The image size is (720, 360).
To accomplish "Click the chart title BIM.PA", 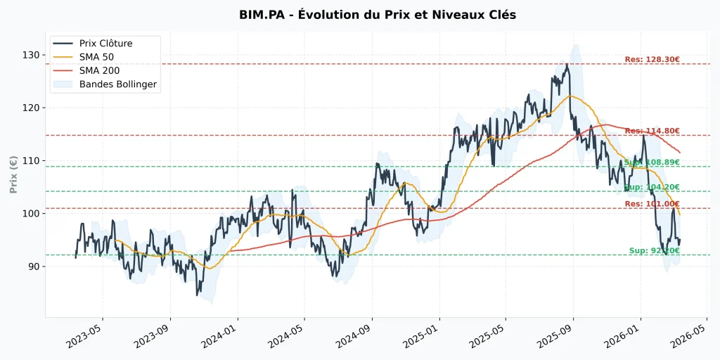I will (x=378, y=15).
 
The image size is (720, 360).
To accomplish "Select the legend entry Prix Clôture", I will (x=105, y=44).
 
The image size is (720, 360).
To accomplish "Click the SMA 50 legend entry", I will (x=96, y=57).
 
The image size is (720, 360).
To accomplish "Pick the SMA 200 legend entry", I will (x=99, y=71).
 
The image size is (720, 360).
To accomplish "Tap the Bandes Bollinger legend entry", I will (x=117, y=84).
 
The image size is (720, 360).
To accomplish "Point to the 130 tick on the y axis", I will (x=31, y=55).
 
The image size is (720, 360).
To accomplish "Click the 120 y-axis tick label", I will (x=31, y=108).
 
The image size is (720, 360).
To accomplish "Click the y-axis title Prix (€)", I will (x=13, y=174).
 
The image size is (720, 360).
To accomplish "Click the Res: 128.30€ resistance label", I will (x=652, y=60).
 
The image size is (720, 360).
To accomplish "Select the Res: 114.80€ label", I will (x=652, y=131).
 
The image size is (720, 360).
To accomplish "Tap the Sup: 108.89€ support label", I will (x=652, y=162).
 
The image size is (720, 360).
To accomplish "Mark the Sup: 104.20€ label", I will (x=652, y=187).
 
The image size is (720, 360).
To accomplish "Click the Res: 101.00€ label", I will (x=652, y=204).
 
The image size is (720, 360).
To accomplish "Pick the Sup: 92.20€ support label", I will (x=654, y=250).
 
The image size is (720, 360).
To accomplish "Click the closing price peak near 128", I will (x=566, y=65).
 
